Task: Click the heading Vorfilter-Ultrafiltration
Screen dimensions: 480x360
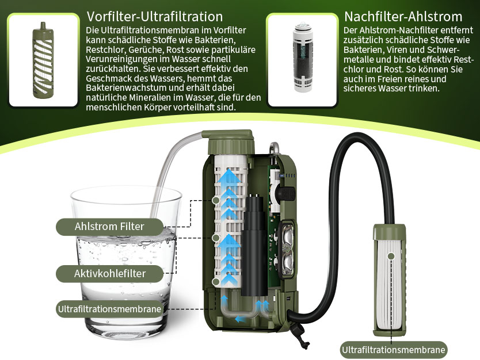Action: (x=155, y=17)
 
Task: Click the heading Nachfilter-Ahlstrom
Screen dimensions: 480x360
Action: (x=403, y=17)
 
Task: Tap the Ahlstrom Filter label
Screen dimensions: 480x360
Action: (x=109, y=227)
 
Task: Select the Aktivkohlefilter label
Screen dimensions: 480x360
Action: (x=109, y=273)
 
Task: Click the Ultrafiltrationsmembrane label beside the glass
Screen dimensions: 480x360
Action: (x=109, y=309)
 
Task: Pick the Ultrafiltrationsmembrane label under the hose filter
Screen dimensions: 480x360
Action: (x=393, y=350)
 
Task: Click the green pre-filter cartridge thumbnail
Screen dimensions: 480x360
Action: (x=43, y=60)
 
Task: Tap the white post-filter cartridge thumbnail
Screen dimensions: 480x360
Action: (x=303, y=57)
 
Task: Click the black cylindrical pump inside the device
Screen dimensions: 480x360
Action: (x=254, y=245)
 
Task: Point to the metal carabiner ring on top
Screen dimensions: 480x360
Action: (x=274, y=148)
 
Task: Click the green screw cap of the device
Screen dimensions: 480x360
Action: (x=231, y=142)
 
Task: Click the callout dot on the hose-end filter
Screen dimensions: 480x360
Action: (x=391, y=256)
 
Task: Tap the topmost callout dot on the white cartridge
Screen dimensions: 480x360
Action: (x=216, y=200)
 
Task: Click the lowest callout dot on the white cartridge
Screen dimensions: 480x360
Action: (x=216, y=282)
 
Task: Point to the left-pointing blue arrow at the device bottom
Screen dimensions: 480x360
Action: (x=241, y=320)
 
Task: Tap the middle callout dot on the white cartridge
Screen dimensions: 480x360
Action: (x=216, y=238)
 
